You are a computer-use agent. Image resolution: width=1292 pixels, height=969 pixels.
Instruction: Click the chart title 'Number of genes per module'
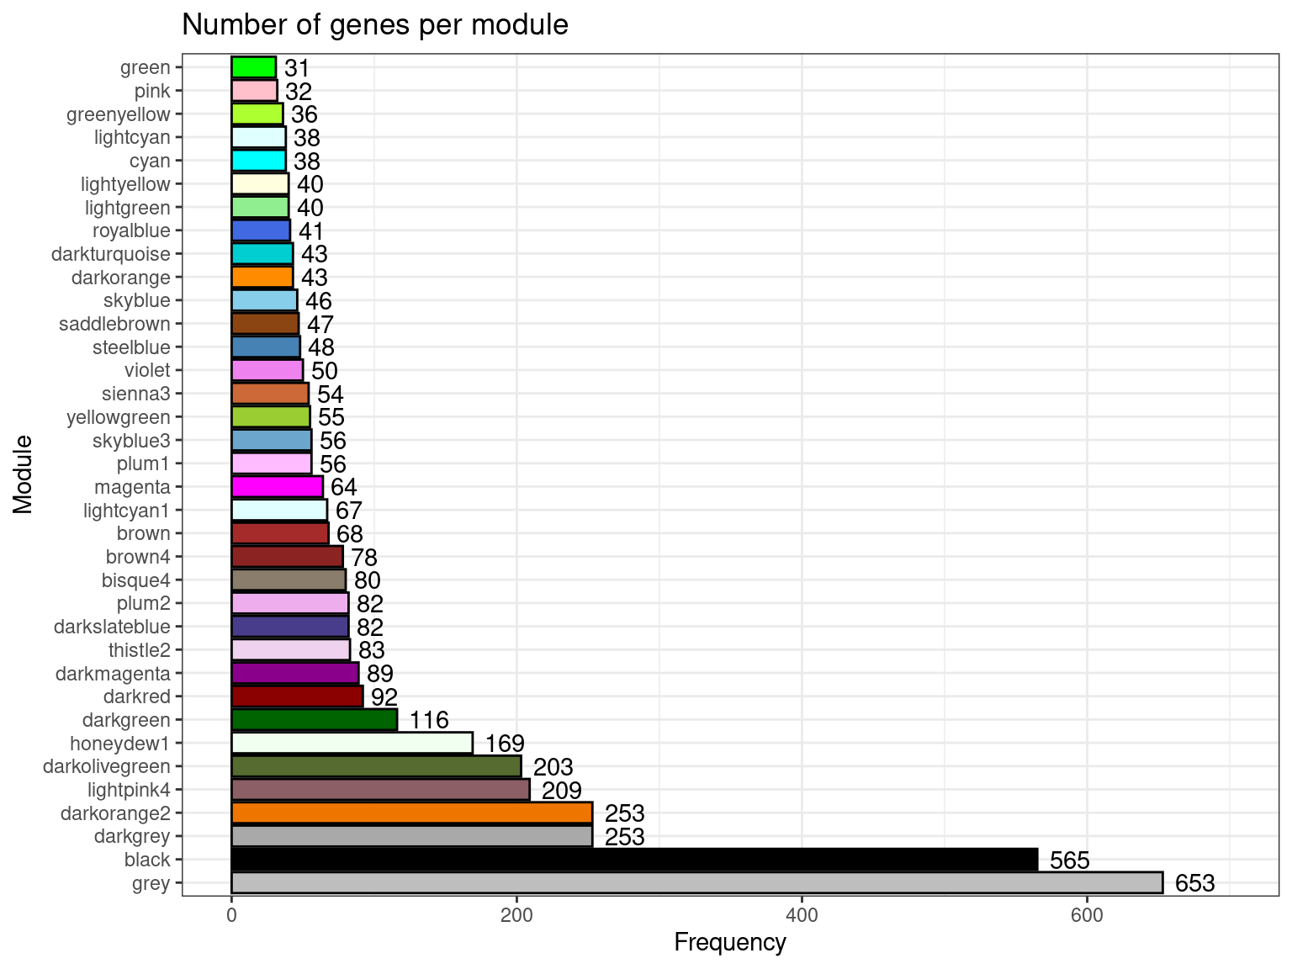(x=375, y=25)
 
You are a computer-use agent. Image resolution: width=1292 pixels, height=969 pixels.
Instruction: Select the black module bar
(x=634, y=860)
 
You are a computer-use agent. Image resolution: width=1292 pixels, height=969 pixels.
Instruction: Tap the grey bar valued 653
(x=696, y=882)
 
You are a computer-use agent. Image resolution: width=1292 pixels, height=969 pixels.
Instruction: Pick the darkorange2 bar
(x=411, y=813)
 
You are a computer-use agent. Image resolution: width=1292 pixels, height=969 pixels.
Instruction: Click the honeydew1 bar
(x=352, y=743)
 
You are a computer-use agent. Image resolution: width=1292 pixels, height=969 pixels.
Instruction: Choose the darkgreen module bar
(x=314, y=719)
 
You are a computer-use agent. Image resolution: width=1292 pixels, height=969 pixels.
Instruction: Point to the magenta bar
(x=277, y=486)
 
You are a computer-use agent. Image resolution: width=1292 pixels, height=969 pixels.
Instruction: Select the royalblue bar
(x=261, y=230)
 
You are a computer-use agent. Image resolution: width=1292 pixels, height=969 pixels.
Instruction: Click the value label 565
(x=1069, y=860)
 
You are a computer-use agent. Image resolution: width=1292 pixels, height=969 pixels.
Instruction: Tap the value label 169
(x=505, y=744)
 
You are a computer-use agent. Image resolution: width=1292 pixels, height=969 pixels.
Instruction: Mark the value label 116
(x=429, y=720)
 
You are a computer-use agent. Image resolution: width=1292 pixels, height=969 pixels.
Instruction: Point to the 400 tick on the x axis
(x=802, y=913)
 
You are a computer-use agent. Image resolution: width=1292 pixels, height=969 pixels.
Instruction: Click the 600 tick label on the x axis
(x=1087, y=913)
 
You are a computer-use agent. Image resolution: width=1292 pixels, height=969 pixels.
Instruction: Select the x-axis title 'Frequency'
(x=730, y=943)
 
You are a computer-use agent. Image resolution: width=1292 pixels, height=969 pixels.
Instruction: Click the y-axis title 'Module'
(x=23, y=474)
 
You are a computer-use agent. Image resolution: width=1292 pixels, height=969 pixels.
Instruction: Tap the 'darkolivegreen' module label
(x=107, y=766)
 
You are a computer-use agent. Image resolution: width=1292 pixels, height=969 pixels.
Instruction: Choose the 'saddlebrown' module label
(x=115, y=324)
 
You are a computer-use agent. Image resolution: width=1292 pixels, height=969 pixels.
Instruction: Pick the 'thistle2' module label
(x=140, y=649)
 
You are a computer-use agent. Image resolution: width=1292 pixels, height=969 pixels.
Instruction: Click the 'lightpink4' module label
(x=129, y=789)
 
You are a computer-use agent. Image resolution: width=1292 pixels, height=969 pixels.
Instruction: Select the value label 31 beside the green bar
(x=297, y=68)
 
